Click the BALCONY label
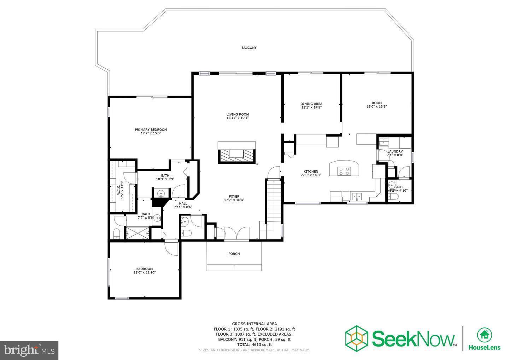tap(249, 48)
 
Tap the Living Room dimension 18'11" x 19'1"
tap(238, 118)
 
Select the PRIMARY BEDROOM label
tap(151, 130)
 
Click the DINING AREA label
tap(311, 104)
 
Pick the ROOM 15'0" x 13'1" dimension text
tap(376, 106)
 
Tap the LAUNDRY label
tap(395, 151)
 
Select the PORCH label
tap(234, 254)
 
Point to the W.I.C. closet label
tap(119, 190)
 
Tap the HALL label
tap(183, 203)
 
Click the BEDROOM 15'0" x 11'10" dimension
tap(145, 273)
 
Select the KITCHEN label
tap(311, 172)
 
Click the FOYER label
tap(234, 196)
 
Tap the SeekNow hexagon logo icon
tap(357, 337)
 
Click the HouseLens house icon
tap(484, 334)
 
